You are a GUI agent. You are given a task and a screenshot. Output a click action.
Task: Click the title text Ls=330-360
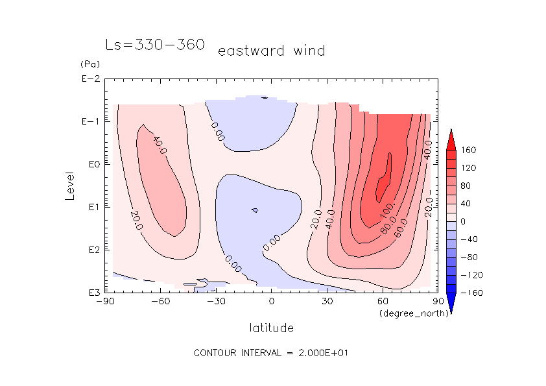(x=155, y=45)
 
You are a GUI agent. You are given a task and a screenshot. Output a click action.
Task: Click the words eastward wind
(x=271, y=51)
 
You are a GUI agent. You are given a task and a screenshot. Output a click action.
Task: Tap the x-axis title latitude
(x=271, y=328)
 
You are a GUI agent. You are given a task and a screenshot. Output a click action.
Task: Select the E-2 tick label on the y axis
(x=89, y=79)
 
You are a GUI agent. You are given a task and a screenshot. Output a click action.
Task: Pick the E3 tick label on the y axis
(x=89, y=293)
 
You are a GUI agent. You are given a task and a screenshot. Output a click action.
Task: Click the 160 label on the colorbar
(x=468, y=150)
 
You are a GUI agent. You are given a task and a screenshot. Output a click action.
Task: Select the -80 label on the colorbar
(x=468, y=257)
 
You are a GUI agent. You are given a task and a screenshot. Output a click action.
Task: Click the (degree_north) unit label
(x=407, y=313)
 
